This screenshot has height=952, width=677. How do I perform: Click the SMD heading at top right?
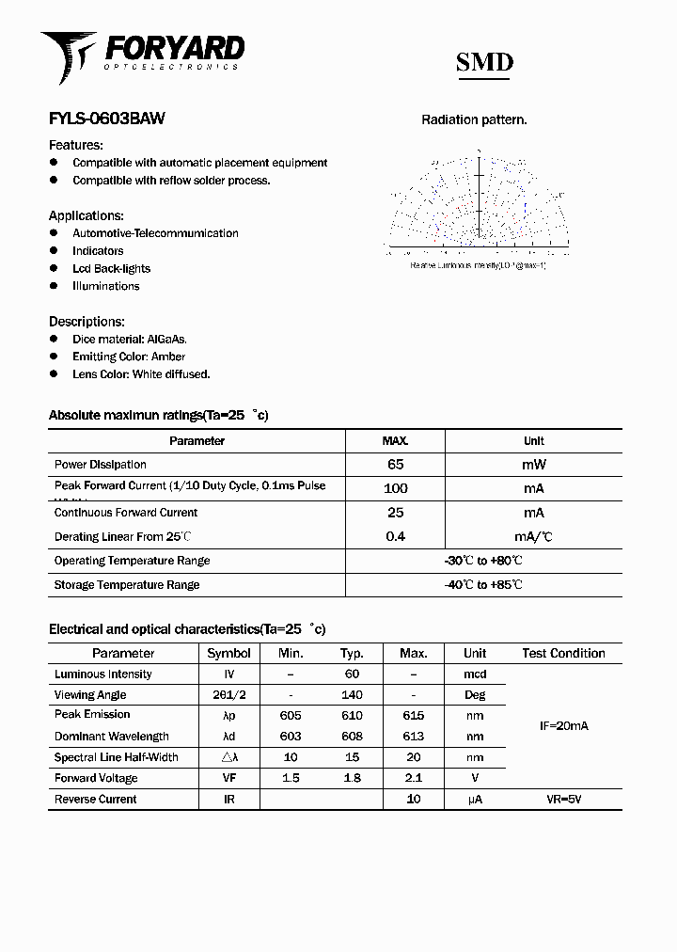484,63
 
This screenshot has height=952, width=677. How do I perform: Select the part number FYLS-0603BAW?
106,119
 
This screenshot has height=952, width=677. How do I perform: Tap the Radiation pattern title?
474,119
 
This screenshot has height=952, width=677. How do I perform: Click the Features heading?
76,145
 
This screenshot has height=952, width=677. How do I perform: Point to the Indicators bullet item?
98,251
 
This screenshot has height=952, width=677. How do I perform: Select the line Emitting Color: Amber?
129,357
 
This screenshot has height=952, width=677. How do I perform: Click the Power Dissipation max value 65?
395,465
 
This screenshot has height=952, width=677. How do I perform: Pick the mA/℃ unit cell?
533,537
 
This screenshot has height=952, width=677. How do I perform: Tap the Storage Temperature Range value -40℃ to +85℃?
483,585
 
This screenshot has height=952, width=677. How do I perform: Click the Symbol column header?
228,653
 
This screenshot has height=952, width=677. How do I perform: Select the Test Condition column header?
563,653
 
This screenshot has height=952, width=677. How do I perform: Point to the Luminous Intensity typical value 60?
352,674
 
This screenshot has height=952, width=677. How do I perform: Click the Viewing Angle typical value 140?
352,695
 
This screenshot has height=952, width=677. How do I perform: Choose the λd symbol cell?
228,737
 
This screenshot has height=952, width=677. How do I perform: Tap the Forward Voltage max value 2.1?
413,778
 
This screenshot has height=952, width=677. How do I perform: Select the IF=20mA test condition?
563,726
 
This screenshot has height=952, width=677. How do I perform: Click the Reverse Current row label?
96,800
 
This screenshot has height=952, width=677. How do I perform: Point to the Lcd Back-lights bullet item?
111,269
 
